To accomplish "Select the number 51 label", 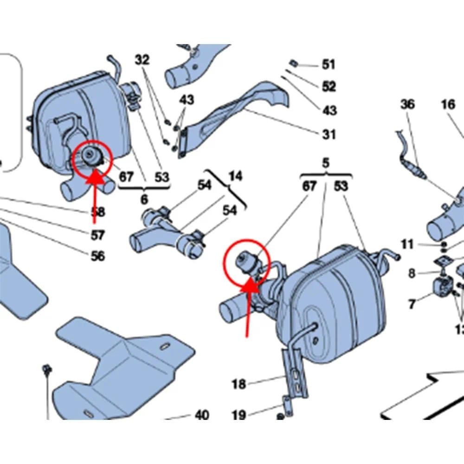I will pos(329,64).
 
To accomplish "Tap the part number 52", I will pos(329,86).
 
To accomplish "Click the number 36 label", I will pos(407,104).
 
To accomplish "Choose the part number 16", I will pos(448,104).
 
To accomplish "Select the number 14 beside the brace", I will pos(235,176).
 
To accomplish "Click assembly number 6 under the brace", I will pos(144,200).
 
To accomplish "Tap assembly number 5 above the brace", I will pos(326,163).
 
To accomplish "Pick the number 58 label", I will pos(97,212).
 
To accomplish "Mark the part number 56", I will pos(97,256).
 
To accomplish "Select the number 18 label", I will pos(239,384).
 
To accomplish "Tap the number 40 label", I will pos(201,414).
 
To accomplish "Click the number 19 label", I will pos(239,414).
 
